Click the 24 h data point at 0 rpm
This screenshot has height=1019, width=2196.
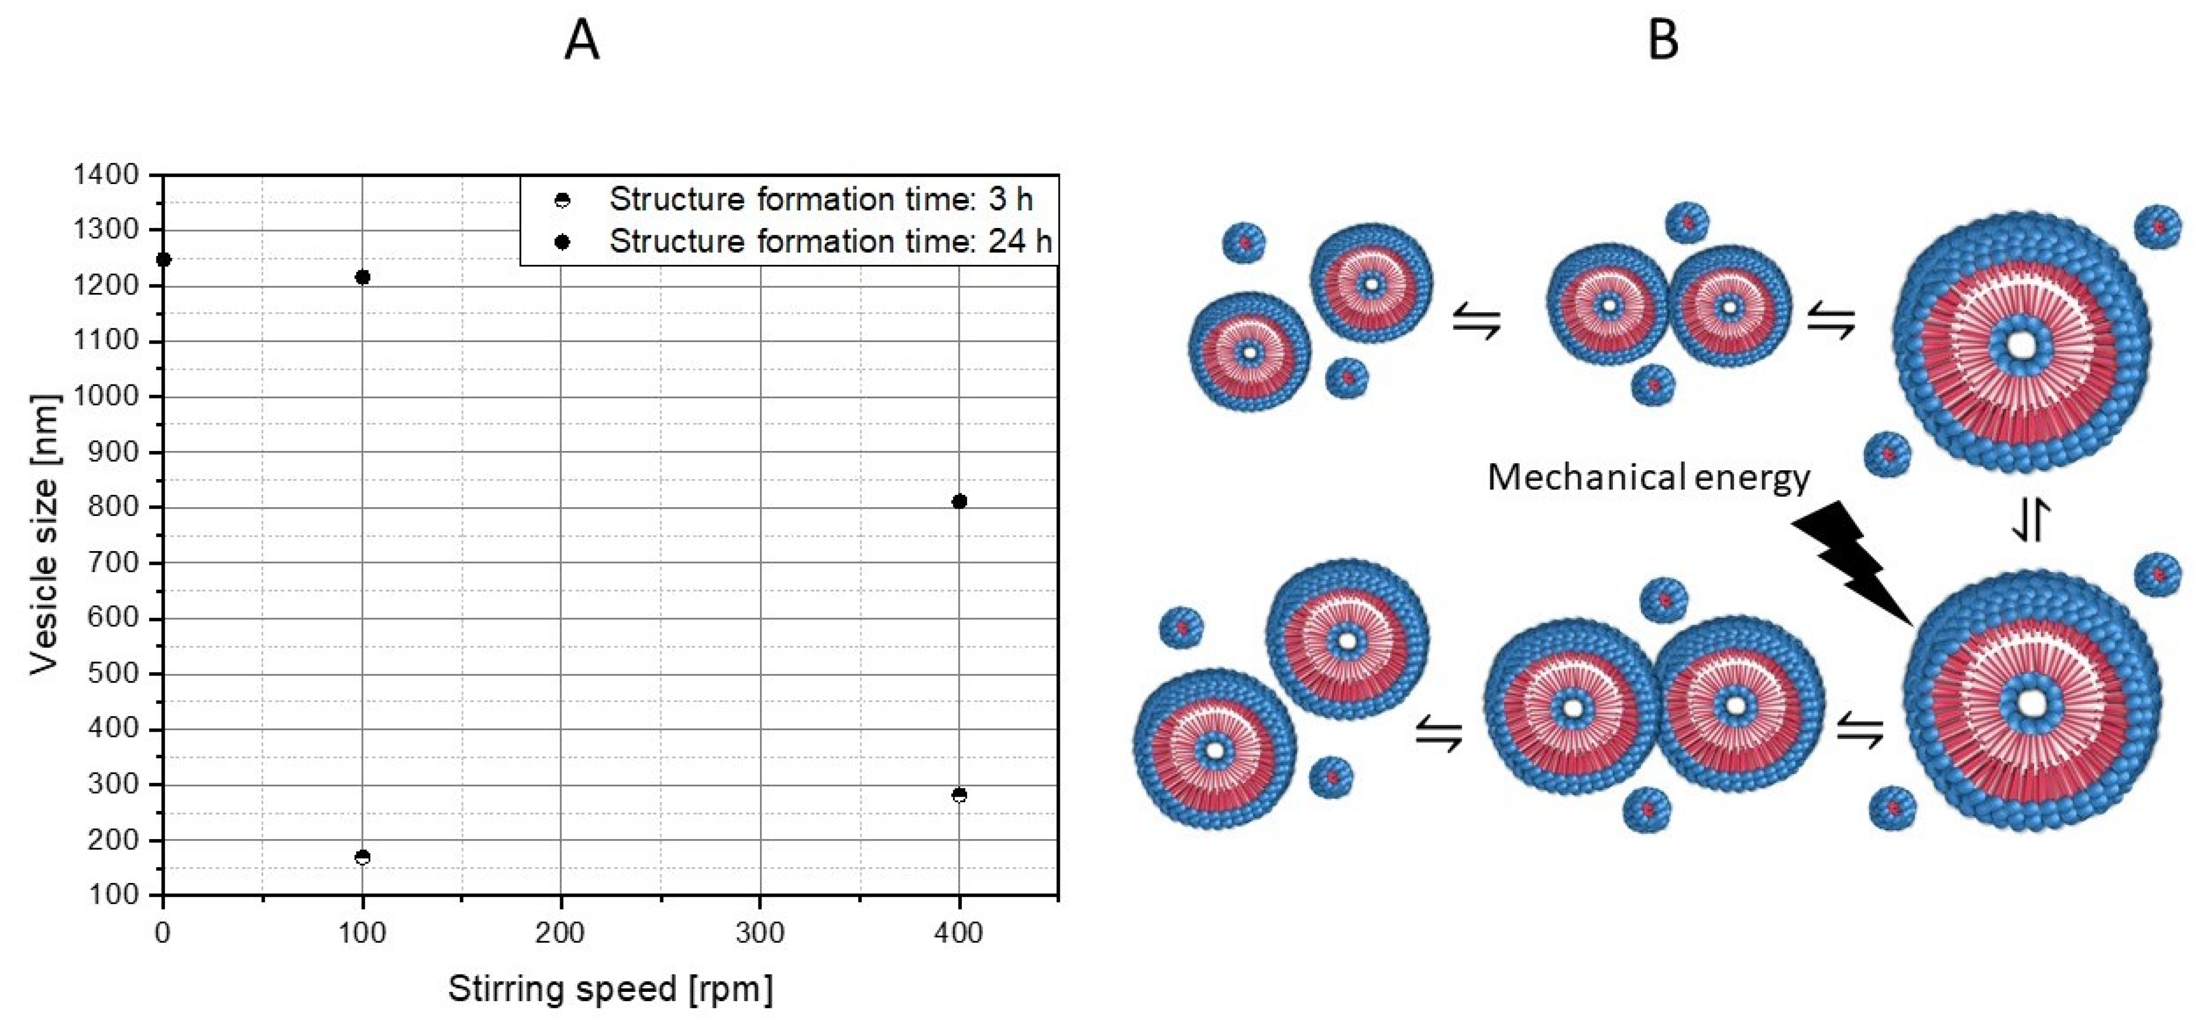[164, 259]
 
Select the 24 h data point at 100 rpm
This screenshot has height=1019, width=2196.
[362, 277]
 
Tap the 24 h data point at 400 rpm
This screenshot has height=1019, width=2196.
[959, 502]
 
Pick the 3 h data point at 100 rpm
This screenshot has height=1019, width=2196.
[362, 857]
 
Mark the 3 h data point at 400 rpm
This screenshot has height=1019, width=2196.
[959, 795]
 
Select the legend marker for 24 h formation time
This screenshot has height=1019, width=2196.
[562, 242]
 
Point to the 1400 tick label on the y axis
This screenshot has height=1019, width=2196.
[106, 175]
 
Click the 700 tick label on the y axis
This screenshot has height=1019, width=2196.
[112, 563]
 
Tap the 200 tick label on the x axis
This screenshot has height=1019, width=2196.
[560, 933]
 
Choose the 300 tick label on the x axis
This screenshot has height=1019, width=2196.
[759, 933]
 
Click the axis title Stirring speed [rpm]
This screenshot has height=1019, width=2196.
[610, 988]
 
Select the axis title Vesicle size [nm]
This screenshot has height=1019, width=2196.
[44, 535]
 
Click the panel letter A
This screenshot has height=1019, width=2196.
[582, 40]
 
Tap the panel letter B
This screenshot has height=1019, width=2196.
[1663, 40]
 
